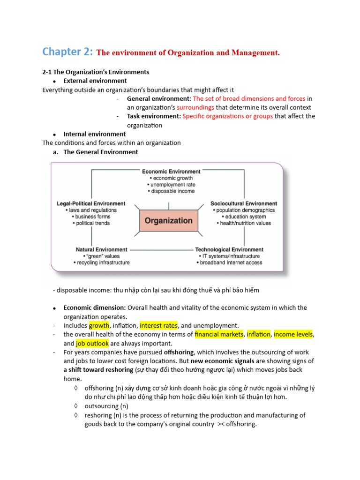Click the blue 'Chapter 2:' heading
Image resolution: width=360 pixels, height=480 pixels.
point(67,52)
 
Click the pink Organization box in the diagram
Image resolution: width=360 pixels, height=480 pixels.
point(168,220)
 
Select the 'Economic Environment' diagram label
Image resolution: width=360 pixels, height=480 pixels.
point(171,172)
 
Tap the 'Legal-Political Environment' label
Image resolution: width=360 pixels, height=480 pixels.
point(91,203)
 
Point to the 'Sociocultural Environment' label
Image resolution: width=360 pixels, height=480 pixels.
point(244,203)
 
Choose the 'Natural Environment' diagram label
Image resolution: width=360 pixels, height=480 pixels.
point(101,249)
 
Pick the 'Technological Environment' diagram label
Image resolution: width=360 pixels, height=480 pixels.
point(229,249)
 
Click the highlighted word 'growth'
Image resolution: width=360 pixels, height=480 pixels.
point(99,325)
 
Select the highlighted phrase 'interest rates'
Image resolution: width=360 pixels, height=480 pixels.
point(159,325)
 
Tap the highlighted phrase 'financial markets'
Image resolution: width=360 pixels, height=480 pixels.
point(219,334)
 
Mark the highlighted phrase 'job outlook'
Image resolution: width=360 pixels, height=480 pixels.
point(92,343)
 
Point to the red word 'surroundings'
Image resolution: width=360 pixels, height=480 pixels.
point(195,107)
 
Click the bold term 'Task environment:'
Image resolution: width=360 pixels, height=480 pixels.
point(154,116)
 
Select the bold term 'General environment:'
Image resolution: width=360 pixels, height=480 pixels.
point(159,98)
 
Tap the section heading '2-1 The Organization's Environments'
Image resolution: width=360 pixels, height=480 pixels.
point(96,72)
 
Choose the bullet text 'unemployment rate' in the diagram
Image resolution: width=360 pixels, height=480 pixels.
point(171,185)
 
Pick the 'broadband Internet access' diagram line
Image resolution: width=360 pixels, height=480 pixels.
point(229,262)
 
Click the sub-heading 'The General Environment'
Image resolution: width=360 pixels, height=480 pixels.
point(101,152)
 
